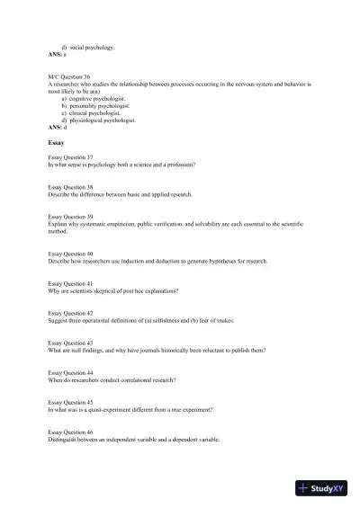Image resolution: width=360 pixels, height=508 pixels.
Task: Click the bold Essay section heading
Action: coord(56,142)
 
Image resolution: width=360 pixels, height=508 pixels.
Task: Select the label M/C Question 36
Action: coord(68,77)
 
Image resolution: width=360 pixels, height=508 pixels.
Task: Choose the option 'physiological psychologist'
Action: coord(102,120)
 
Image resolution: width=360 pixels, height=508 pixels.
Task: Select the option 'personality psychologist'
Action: coord(100,105)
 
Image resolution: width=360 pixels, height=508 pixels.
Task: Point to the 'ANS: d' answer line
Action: coord(58,128)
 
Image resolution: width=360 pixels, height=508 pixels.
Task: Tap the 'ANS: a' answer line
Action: coord(58,55)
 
